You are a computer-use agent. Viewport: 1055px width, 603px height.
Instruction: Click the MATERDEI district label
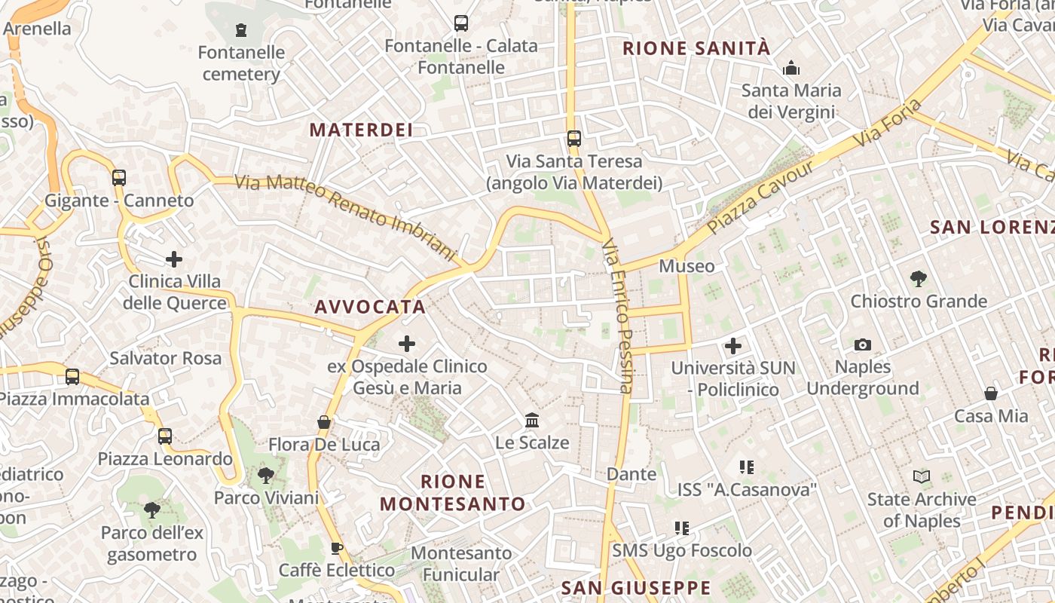coord(361,130)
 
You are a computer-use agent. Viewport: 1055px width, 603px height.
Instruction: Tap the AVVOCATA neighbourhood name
coord(370,307)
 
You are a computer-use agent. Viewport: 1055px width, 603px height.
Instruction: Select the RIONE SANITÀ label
coord(696,49)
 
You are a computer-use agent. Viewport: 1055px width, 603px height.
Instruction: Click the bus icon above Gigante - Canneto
coord(119,178)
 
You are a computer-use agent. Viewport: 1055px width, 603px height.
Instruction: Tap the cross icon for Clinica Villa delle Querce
coord(174,259)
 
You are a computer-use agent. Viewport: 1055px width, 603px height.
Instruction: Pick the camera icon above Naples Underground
coord(863,345)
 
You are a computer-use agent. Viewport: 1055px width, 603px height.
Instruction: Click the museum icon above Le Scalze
coord(532,420)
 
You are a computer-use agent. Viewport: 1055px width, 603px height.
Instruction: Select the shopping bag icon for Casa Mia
coord(991,393)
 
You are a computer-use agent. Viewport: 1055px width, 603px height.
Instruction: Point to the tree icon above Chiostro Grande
coord(918,279)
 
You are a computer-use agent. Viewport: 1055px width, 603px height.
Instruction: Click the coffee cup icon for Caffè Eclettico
coord(337,548)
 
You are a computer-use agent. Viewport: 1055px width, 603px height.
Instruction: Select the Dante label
coord(631,474)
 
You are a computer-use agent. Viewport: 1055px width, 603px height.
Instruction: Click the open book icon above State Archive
coord(921,476)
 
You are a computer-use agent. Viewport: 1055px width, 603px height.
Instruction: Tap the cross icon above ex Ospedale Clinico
coord(407,344)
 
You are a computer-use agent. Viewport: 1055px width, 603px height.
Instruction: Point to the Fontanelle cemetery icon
coord(241,30)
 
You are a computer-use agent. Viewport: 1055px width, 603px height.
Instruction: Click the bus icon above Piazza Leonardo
coord(165,436)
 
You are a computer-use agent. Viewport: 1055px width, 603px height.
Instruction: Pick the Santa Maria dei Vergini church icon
coord(791,69)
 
